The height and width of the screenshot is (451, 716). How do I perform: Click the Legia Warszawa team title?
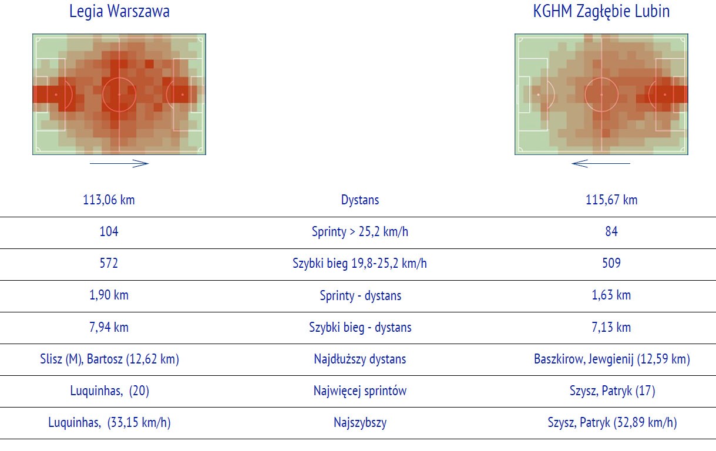pos(119,11)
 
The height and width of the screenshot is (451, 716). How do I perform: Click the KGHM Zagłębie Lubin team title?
pos(601,12)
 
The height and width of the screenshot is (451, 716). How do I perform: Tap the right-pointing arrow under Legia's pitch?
pos(119,163)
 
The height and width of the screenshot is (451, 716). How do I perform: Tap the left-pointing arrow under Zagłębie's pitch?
pos(601,163)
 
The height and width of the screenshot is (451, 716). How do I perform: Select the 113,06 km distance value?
pos(109,200)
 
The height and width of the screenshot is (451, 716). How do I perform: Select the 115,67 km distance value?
pos(611,200)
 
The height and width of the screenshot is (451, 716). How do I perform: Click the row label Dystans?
pos(360,200)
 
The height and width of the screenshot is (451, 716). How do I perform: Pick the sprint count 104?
pos(109,231)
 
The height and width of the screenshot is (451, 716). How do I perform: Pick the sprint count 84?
pos(611,231)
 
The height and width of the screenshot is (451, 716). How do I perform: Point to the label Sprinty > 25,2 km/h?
pos(360,231)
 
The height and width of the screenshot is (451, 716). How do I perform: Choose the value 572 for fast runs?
pos(109,263)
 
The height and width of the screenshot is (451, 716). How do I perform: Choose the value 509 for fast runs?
pos(611,263)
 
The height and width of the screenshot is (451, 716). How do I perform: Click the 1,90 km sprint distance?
pos(109,295)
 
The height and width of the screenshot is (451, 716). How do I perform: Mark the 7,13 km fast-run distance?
pos(611,327)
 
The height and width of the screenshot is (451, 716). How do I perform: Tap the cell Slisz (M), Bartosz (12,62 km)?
pos(109,359)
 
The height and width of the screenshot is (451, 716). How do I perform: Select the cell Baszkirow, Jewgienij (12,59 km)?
pos(612,359)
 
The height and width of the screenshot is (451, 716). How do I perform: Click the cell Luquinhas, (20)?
pos(110,391)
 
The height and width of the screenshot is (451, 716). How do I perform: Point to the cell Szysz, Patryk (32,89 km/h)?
pos(612,422)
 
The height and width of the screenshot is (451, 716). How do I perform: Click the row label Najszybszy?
pos(360,422)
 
